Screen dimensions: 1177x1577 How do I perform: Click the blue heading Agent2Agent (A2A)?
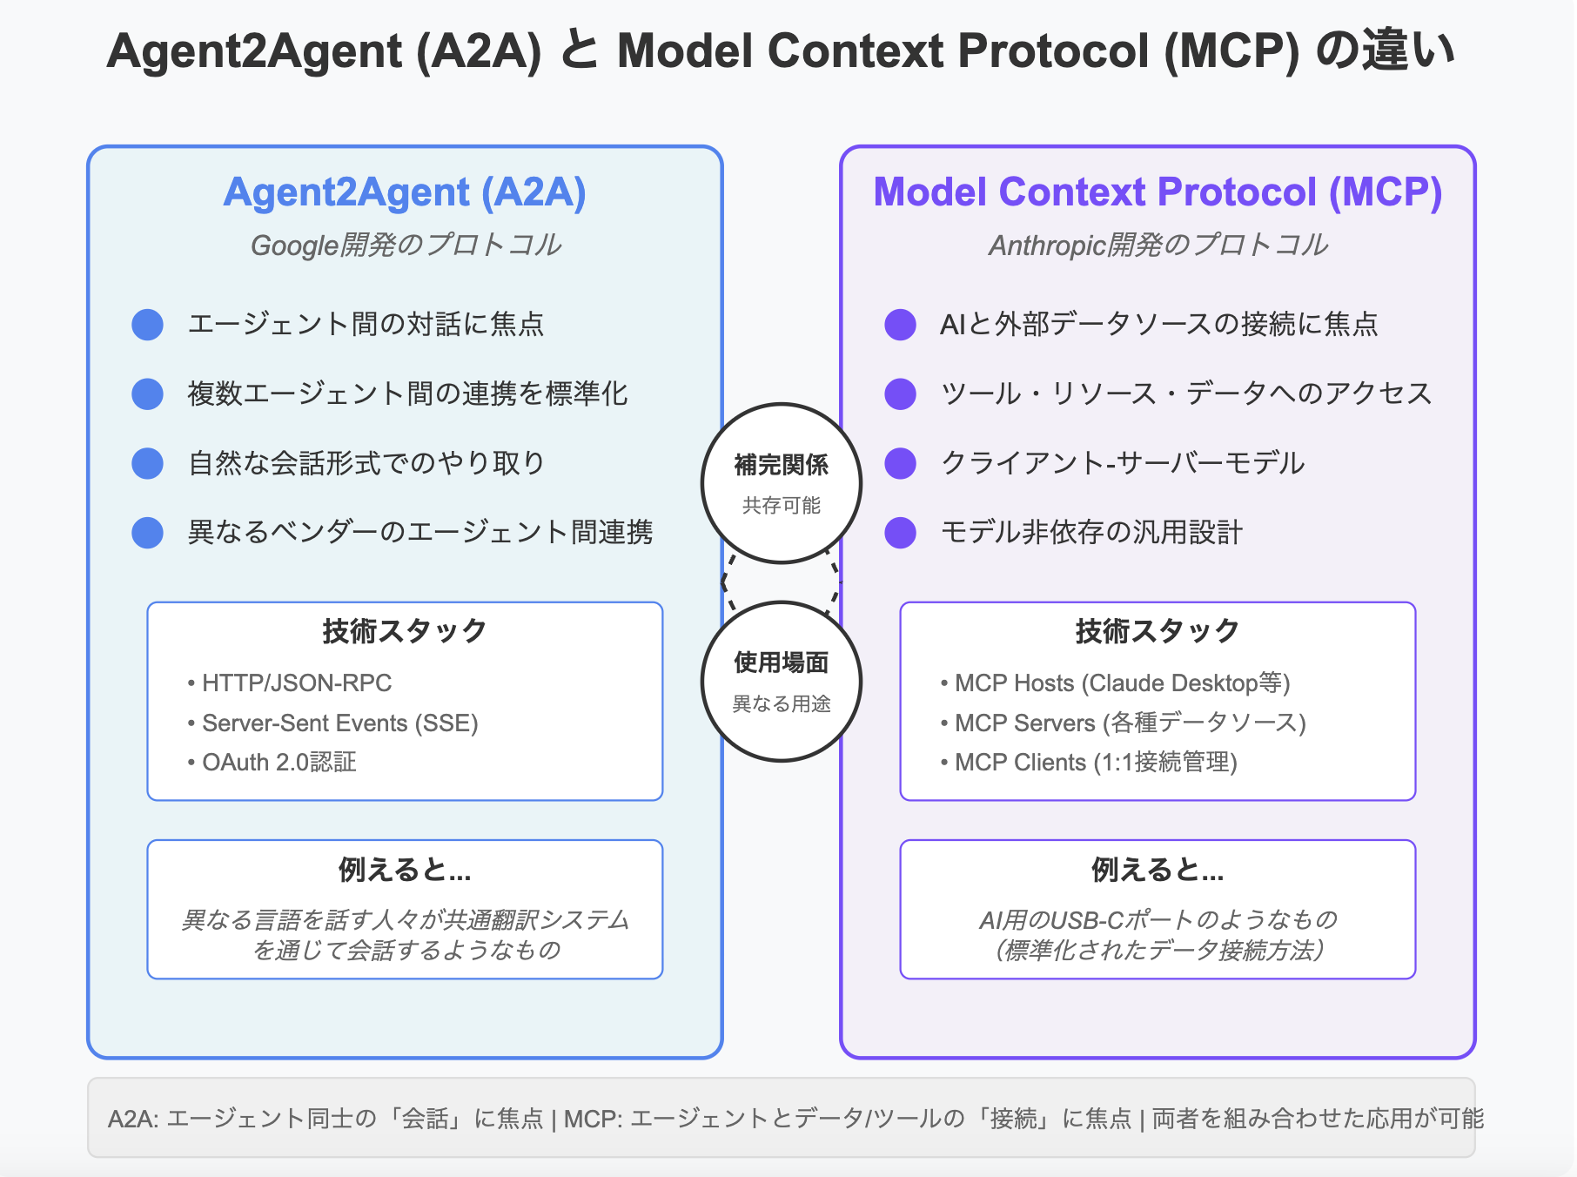[405, 192]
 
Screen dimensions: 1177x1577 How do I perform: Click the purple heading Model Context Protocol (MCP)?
[1158, 192]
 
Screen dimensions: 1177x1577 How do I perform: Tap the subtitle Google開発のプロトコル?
[406, 245]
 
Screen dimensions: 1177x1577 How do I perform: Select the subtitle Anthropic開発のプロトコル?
[1158, 245]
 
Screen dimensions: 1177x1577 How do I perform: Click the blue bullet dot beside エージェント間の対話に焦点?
[147, 324]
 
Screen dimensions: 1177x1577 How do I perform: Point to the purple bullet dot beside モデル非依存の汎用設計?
[900, 532]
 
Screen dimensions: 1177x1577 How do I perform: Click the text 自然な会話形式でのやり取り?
[366, 463]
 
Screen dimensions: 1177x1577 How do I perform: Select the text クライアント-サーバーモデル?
[1122, 463]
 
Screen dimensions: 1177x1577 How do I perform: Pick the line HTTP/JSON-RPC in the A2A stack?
[296, 683]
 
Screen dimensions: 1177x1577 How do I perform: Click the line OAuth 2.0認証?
[278, 763]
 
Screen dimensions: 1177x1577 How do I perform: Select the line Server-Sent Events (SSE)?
[339, 723]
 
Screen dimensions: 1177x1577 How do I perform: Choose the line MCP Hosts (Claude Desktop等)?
[1122, 683]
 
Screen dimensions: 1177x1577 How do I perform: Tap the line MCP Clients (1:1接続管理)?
[1095, 763]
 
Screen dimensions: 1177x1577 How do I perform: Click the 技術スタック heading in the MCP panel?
[1158, 631]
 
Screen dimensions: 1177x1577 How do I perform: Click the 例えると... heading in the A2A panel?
[405, 870]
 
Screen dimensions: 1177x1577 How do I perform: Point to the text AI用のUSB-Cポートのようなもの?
[1158, 920]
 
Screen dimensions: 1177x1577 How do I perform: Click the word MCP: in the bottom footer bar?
[593, 1119]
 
